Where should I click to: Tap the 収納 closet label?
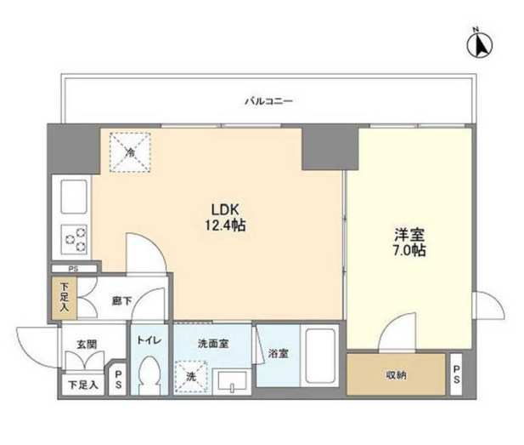pos(397,374)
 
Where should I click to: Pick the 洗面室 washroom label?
pos(211,345)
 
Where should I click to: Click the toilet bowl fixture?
pos(151,373)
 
